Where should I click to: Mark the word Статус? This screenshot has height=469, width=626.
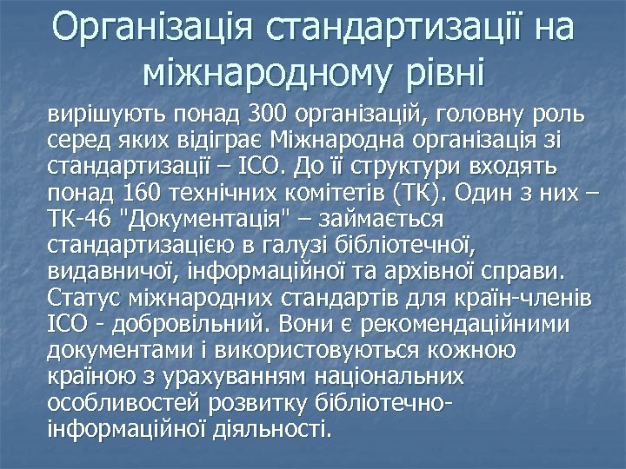point(83,298)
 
